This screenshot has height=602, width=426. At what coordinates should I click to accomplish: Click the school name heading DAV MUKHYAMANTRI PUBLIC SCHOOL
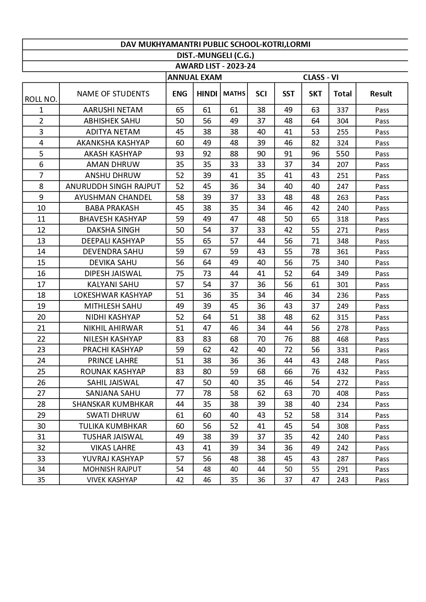point(215,44)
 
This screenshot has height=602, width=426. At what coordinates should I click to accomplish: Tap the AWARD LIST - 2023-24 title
point(215,66)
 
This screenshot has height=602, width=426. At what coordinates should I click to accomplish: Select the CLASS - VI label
point(321,77)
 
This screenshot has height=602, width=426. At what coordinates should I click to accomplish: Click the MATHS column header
point(234,94)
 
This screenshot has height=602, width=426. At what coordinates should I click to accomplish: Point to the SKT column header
point(315,94)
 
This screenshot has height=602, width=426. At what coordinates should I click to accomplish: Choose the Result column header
point(381,94)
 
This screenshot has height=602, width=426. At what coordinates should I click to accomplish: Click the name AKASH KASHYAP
point(113,154)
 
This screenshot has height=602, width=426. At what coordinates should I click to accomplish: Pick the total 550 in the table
point(343,154)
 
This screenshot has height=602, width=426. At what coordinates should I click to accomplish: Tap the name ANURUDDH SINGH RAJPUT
point(113,186)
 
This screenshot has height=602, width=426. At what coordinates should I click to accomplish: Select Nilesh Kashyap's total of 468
point(343,339)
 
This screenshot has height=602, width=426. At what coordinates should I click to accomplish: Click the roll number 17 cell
point(41,284)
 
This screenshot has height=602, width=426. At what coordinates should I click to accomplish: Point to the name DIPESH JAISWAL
point(113,273)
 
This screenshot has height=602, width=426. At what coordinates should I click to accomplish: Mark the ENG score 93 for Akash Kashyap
point(180,154)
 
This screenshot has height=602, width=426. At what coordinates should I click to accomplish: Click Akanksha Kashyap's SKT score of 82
point(315,143)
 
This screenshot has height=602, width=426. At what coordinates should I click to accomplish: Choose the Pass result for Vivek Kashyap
point(382,480)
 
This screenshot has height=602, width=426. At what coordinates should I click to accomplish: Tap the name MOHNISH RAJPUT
point(112,469)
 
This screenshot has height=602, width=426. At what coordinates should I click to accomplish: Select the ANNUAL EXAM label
point(195,77)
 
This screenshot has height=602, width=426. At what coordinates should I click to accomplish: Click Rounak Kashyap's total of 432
point(343,371)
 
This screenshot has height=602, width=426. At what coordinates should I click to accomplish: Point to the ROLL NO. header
point(41,99)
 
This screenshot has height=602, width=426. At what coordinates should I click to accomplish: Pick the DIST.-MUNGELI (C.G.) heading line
point(215,55)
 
